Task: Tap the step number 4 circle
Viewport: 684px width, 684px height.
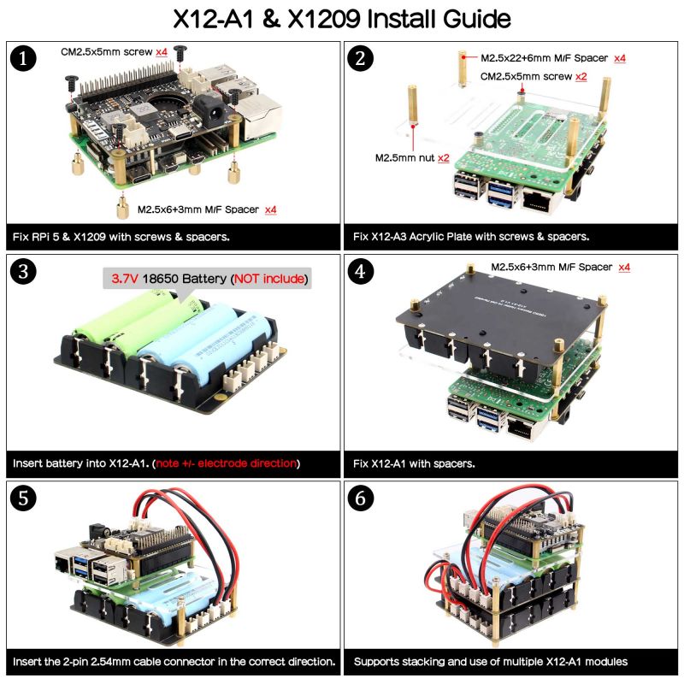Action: coord(363,272)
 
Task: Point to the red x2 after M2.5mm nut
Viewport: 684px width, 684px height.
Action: coord(443,158)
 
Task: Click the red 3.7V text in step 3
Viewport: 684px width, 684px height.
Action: coord(124,279)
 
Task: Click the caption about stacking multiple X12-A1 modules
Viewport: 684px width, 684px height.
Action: coord(491,661)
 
